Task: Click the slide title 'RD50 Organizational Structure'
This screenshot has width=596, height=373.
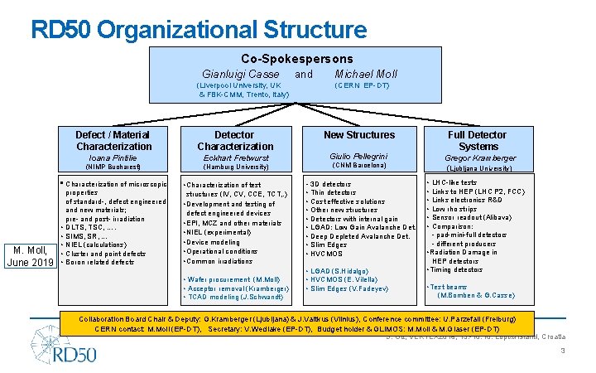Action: coord(199,31)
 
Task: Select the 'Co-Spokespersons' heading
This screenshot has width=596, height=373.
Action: coord(296,59)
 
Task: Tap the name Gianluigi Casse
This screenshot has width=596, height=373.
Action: coord(241,75)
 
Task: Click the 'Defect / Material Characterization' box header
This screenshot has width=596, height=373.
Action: coord(113,140)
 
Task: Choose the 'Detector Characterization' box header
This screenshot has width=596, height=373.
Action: coord(234,140)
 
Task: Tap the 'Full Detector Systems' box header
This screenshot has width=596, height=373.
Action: coord(478,140)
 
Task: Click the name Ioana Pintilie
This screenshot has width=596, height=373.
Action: coord(113,157)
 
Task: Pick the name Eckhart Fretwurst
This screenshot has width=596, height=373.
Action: coord(234,157)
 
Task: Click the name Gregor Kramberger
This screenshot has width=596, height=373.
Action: coord(479,157)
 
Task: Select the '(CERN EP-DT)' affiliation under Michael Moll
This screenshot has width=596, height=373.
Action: coord(362,85)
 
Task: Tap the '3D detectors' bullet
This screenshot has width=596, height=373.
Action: coord(329,184)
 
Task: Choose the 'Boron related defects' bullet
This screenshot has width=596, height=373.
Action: coord(99,262)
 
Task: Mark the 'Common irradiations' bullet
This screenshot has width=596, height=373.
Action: coord(219,261)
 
